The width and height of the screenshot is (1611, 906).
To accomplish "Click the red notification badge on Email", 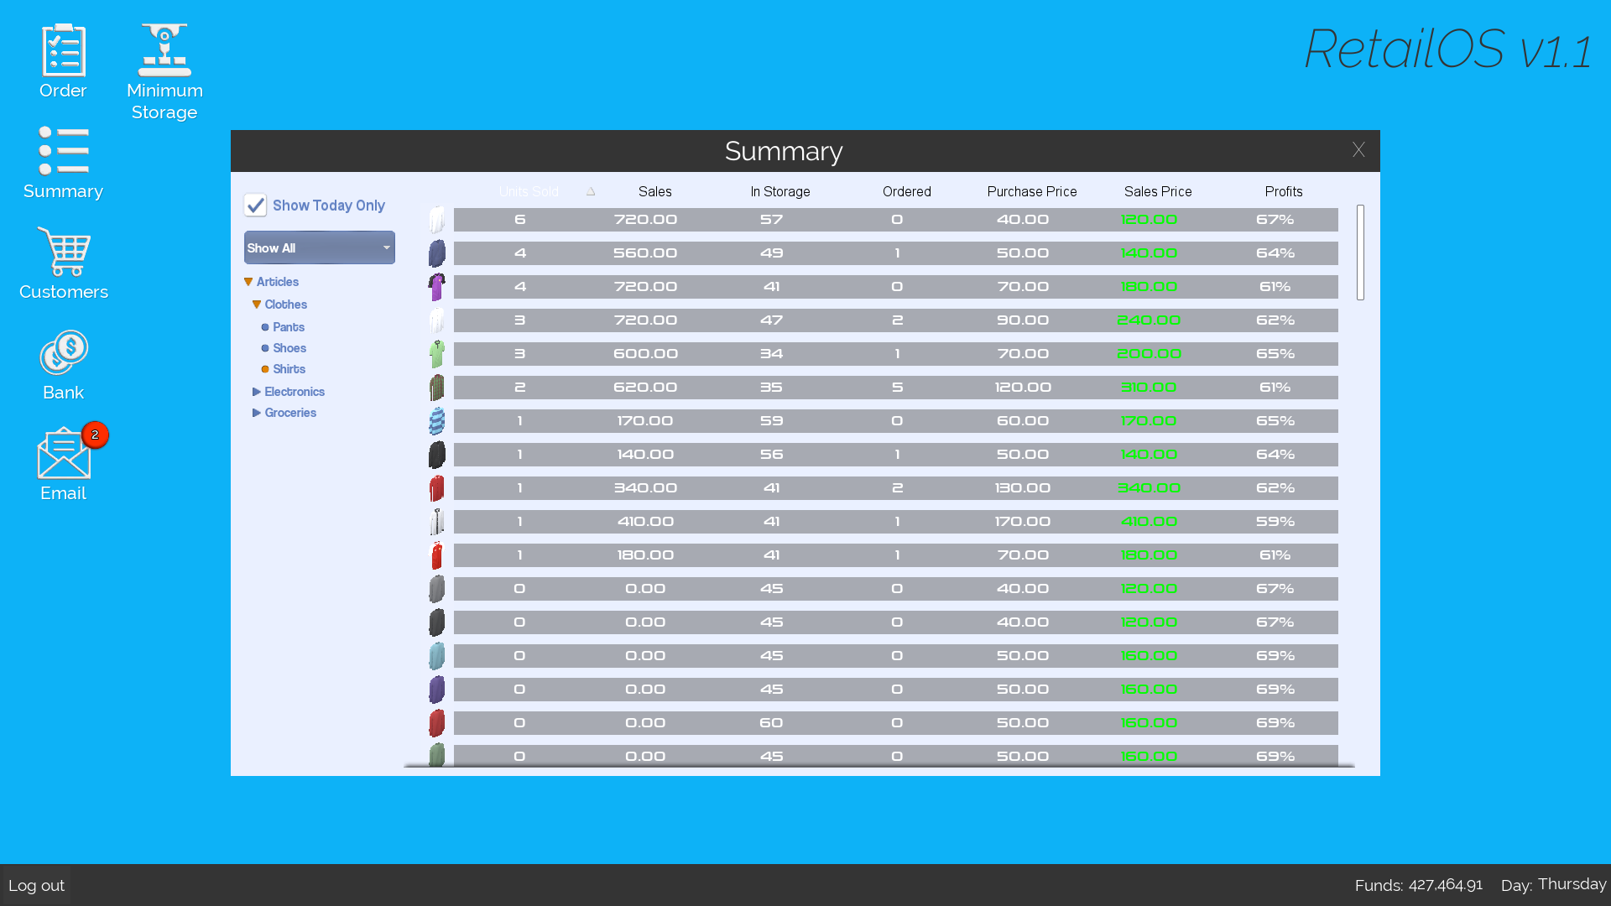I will pyautogui.click(x=95, y=435).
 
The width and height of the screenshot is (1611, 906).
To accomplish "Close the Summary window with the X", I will pyautogui.click(x=1358, y=150).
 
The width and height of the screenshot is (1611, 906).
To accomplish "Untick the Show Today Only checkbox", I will pyautogui.click(x=255, y=206).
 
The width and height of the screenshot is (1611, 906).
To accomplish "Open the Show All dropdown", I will pyautogui.click(x=320, y=248).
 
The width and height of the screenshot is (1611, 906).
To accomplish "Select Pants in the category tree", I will pyautogui.click(x=289, y=327).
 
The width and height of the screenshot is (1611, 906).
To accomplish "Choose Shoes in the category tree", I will pyautogui.click(x=289, y=348).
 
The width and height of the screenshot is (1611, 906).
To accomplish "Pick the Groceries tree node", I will pyautogui.click(x=290, y=413).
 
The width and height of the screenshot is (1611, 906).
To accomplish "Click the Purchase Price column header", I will pyautogui.click(x=1031, y=192).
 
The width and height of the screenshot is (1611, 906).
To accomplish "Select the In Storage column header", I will pyautogui.click(x=780, y=192).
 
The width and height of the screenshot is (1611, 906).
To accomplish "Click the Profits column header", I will pyautogui.click(x=1284, y=192).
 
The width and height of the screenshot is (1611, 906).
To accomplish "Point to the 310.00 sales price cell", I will pyautogui.click(x=1149, y=388).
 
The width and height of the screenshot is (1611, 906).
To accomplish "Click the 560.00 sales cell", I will pyautogui.click(x=645, y=253).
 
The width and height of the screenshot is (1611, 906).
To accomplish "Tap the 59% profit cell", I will pyautogui.click(x=1275, y=522).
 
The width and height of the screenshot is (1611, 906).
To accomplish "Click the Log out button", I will pyautogui.click(x=37, y=886).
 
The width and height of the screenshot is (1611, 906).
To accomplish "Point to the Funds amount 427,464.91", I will pyautogui.click(x=1445, y=886).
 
